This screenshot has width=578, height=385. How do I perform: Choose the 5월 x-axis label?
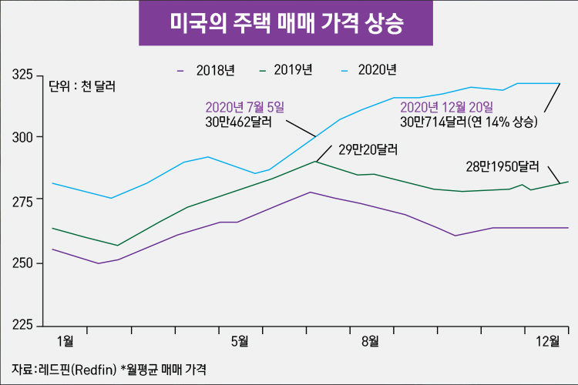pos(239,340)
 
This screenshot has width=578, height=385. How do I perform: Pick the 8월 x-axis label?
pos(369,340)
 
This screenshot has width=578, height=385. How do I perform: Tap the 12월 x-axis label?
pos(549,340)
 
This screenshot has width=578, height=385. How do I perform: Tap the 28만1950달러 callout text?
pos(501,165)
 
